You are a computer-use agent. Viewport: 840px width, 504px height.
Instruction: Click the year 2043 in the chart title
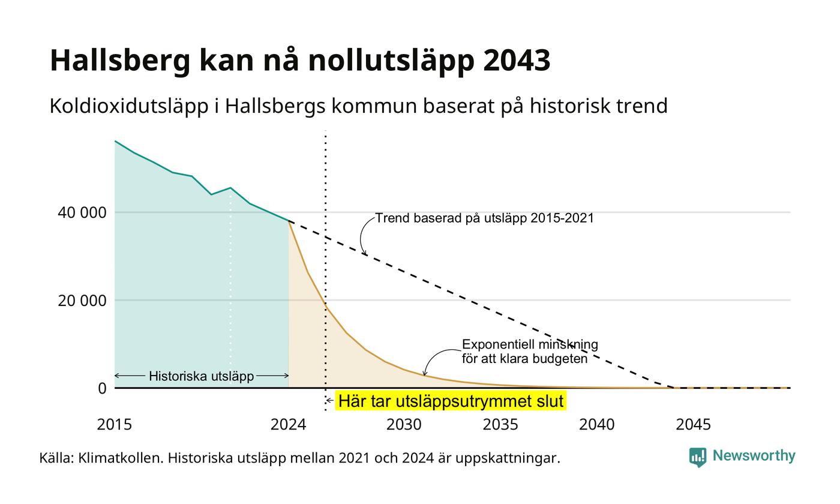click(x=517, y=61)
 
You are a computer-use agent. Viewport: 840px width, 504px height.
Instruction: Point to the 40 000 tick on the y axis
click(x=82, y=212)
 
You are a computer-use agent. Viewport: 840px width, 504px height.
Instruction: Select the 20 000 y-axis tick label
click(x=82, y=301)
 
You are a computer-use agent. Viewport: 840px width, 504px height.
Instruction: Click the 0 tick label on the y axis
click(x=103, y=389)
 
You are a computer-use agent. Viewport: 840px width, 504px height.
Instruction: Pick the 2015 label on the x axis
click(x=115, y=425)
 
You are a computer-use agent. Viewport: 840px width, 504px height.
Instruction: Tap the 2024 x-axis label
click(x=289, y=425)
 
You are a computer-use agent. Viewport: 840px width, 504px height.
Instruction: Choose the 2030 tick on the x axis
click(x=404, y=425)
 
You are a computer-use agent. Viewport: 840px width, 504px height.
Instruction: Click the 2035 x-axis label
click(x=500, y=425)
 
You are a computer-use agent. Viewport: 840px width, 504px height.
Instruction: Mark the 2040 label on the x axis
click(x=596, y=425)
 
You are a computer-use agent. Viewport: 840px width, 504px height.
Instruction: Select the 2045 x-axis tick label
click(x=693, y=425)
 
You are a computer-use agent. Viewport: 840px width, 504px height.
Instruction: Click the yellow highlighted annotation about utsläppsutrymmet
click(x=451, y=401)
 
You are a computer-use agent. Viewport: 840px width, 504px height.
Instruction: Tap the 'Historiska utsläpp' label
click(x=202, y=376)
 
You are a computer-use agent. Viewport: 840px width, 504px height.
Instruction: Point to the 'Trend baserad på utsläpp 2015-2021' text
click(x=485, y=218)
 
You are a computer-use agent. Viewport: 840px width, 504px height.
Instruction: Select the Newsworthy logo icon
click(x=697, y=457)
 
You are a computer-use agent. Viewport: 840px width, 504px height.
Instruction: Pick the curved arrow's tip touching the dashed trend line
click(x=365, y=255)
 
